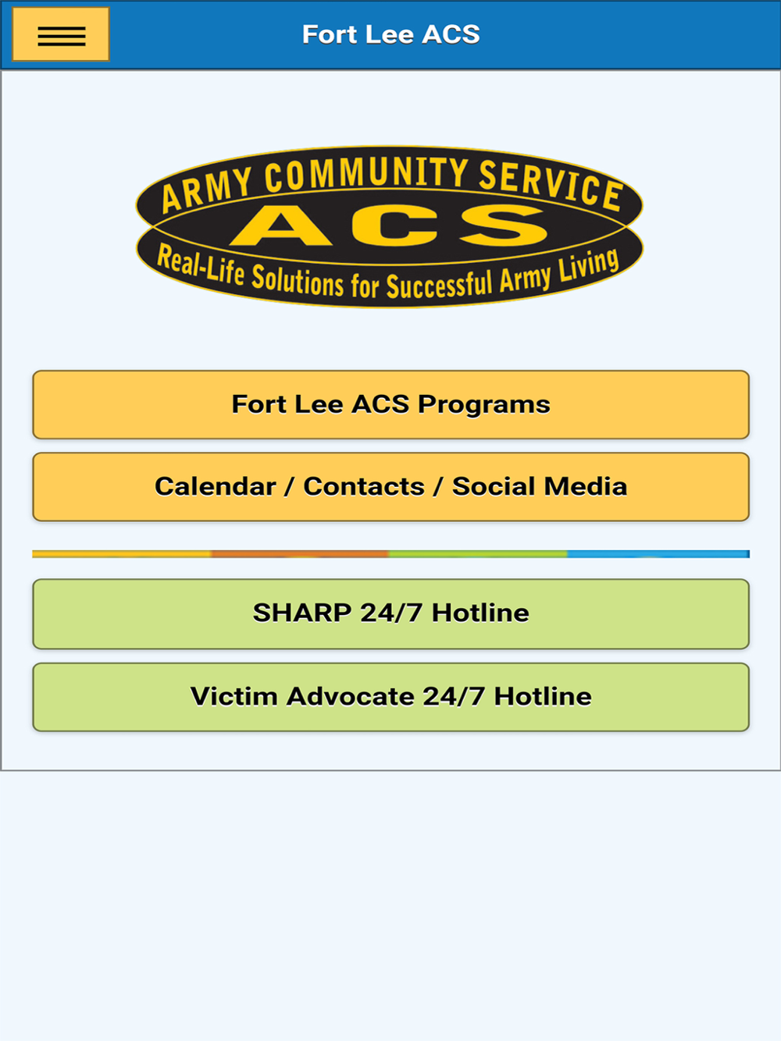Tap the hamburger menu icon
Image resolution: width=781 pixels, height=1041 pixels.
point(61,34)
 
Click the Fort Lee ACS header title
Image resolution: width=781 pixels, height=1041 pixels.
point(391,34)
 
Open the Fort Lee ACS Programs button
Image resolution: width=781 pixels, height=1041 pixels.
point(391,404)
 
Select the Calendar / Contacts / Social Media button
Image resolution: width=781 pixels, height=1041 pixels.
point(391,487)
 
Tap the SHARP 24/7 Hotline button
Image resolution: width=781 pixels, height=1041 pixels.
point(391,613)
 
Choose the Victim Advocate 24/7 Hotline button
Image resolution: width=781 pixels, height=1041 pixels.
point(391,697)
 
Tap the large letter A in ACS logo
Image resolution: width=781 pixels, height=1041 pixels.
point(281,226)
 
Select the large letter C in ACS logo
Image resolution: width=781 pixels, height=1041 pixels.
point(394,226)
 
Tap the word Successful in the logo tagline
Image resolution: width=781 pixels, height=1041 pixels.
point(440,286)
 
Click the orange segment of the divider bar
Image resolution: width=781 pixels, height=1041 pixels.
point(300,554)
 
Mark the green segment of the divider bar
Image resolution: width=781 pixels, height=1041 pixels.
point(478,554)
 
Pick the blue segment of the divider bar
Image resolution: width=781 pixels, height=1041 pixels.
point(658,554)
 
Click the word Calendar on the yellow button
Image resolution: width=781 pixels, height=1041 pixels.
point(216,487)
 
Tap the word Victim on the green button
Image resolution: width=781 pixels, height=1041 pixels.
point(234,697)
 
